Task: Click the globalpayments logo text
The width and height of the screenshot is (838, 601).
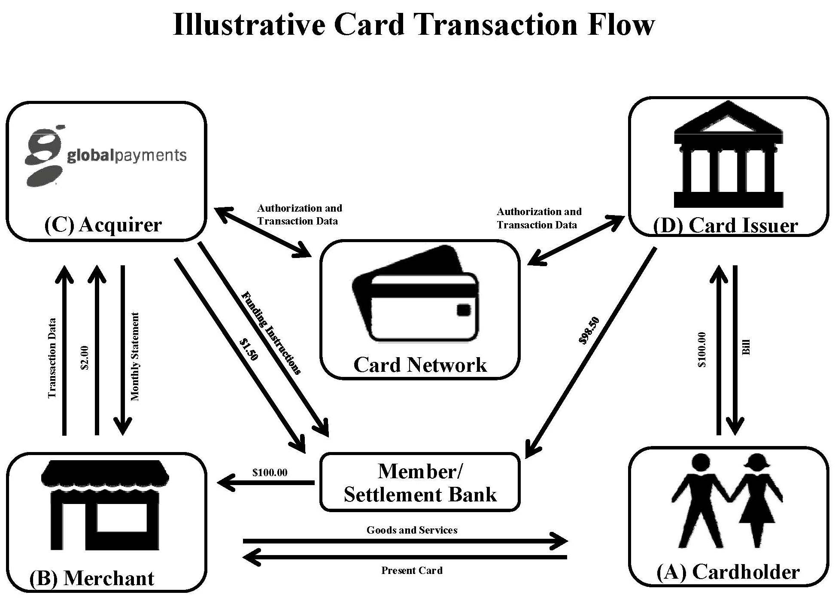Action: [127, 155]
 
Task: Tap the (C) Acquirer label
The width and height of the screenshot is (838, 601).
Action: [103, 225]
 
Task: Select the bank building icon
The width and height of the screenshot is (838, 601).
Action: [729, 155]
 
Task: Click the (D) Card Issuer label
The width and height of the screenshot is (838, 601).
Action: [725, 226]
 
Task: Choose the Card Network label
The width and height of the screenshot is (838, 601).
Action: [420, 365]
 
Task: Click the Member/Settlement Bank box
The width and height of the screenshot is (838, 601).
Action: [420, 483]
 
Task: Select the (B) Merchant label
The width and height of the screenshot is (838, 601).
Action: [91, 578]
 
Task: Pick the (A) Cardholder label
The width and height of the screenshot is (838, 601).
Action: [728, 572]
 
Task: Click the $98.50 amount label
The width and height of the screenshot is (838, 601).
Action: [589, 331]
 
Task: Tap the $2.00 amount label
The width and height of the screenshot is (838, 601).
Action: [85, 358]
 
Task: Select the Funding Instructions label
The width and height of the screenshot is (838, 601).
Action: [271, 333]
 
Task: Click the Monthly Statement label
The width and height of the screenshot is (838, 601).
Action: [135, 357]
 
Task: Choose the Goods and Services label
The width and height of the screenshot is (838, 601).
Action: [412, 530]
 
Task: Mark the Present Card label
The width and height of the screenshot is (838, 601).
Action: [412, 571]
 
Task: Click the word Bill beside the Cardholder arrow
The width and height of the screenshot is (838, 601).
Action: [746, 347]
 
